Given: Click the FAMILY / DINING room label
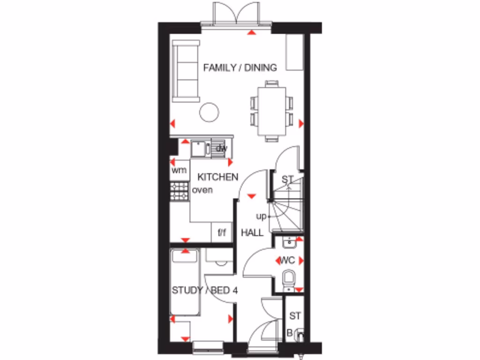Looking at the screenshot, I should click(240, 67).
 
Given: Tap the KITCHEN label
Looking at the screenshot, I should click(217, 177).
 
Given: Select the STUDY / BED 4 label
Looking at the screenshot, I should click(205, 291).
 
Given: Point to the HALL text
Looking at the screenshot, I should click(252, 232).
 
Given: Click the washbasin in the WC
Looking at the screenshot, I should click(289, 242).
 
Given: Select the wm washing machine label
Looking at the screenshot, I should click(179, 170).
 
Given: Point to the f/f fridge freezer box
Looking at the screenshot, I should click(222, 232).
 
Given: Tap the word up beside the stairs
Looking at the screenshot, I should click(261, 217).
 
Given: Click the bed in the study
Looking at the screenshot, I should click(186, 283).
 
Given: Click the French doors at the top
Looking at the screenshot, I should click(236, 14).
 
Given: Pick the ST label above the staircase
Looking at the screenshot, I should click(287, 179).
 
